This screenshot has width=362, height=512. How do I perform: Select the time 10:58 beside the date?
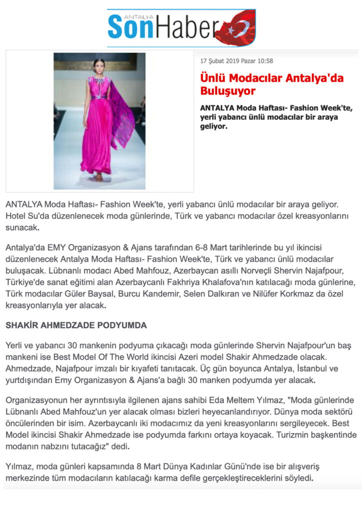coord(264,61)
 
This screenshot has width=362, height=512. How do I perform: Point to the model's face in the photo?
coord(99,65)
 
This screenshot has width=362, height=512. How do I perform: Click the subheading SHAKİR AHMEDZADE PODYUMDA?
coord(76,325)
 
